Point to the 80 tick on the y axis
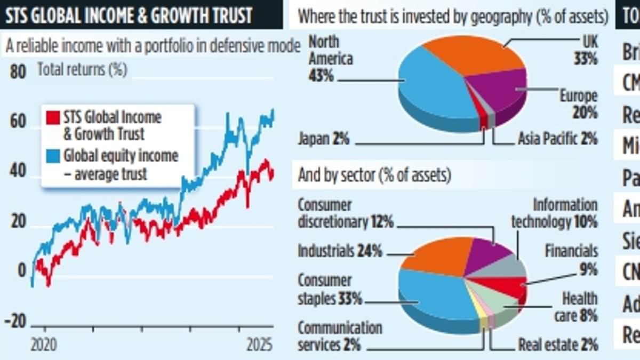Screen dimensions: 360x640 coord(18,71)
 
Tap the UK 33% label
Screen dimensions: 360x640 coord(585,50)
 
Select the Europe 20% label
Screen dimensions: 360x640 coord(578,104)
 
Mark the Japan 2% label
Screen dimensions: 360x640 coord(323,140)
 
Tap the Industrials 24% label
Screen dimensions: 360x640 coord(339,251)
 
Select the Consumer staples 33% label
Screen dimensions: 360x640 coord(329,290)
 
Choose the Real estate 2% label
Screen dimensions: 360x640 coord(558,344)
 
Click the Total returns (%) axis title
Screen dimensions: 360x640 coord(82,70)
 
